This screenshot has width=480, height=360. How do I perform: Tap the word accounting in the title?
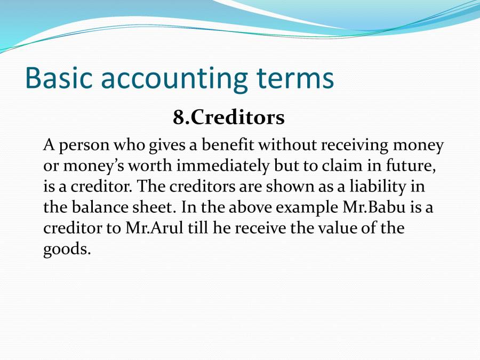[x=174, y=79]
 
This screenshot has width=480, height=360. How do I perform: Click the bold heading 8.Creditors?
[x=229, y=117]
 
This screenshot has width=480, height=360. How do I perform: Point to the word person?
[x=84, y=146]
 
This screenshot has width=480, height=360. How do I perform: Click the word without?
[x=287, y=145]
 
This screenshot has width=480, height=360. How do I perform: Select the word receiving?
[x=355, y=146]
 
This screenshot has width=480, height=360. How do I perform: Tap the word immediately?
[x=223, y=166]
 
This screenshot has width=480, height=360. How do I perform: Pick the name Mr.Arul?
[x=154, y=228]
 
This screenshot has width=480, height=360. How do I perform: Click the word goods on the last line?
[x=67, y=250]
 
